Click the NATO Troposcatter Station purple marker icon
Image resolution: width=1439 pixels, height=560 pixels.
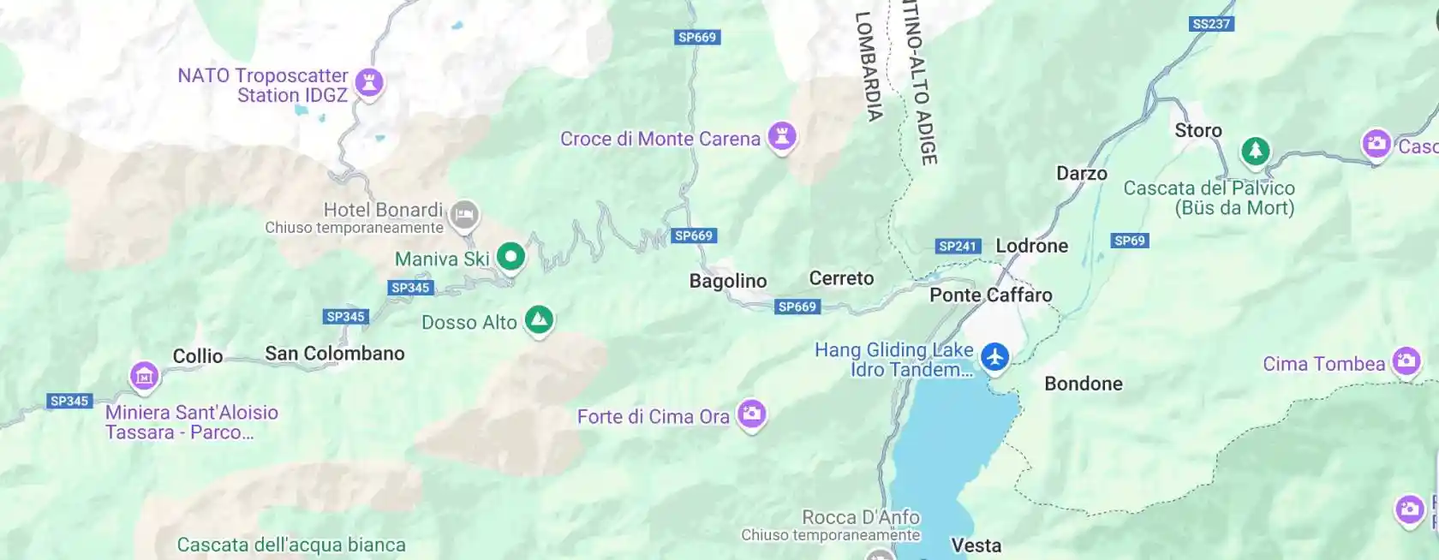point(369,83)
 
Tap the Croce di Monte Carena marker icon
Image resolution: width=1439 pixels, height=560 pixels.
point(781,136)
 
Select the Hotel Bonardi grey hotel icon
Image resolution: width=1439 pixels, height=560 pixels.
point(464,213)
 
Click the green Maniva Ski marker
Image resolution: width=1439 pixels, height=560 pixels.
point(511,255)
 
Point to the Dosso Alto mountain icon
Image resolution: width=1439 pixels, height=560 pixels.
point(539,320)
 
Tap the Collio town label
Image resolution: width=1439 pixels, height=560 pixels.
point(198,356)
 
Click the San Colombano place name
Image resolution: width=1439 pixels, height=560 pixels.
point(335,354)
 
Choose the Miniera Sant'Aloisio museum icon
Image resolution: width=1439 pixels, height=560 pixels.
point(144,375)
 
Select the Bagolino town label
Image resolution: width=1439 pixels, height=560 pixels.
point(728,281)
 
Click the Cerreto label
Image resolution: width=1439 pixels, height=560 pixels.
point(841,278)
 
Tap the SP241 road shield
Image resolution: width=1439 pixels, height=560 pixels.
point(958,247)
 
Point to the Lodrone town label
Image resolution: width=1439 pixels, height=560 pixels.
point(1031,246)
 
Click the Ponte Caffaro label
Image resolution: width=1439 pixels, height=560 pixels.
point(991,295)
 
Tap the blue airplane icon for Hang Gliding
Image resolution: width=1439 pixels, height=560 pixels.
point(994,356)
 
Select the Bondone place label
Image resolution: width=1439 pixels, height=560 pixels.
point(1084,384)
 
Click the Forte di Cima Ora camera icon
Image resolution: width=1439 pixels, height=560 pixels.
point(751,414)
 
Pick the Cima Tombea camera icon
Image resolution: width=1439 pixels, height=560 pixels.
point(1406,361)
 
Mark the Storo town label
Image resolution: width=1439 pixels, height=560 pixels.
point(1197,131)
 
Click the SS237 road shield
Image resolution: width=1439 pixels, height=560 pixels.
point(1211,24)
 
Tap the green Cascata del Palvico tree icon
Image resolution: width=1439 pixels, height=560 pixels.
point(1255,152)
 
